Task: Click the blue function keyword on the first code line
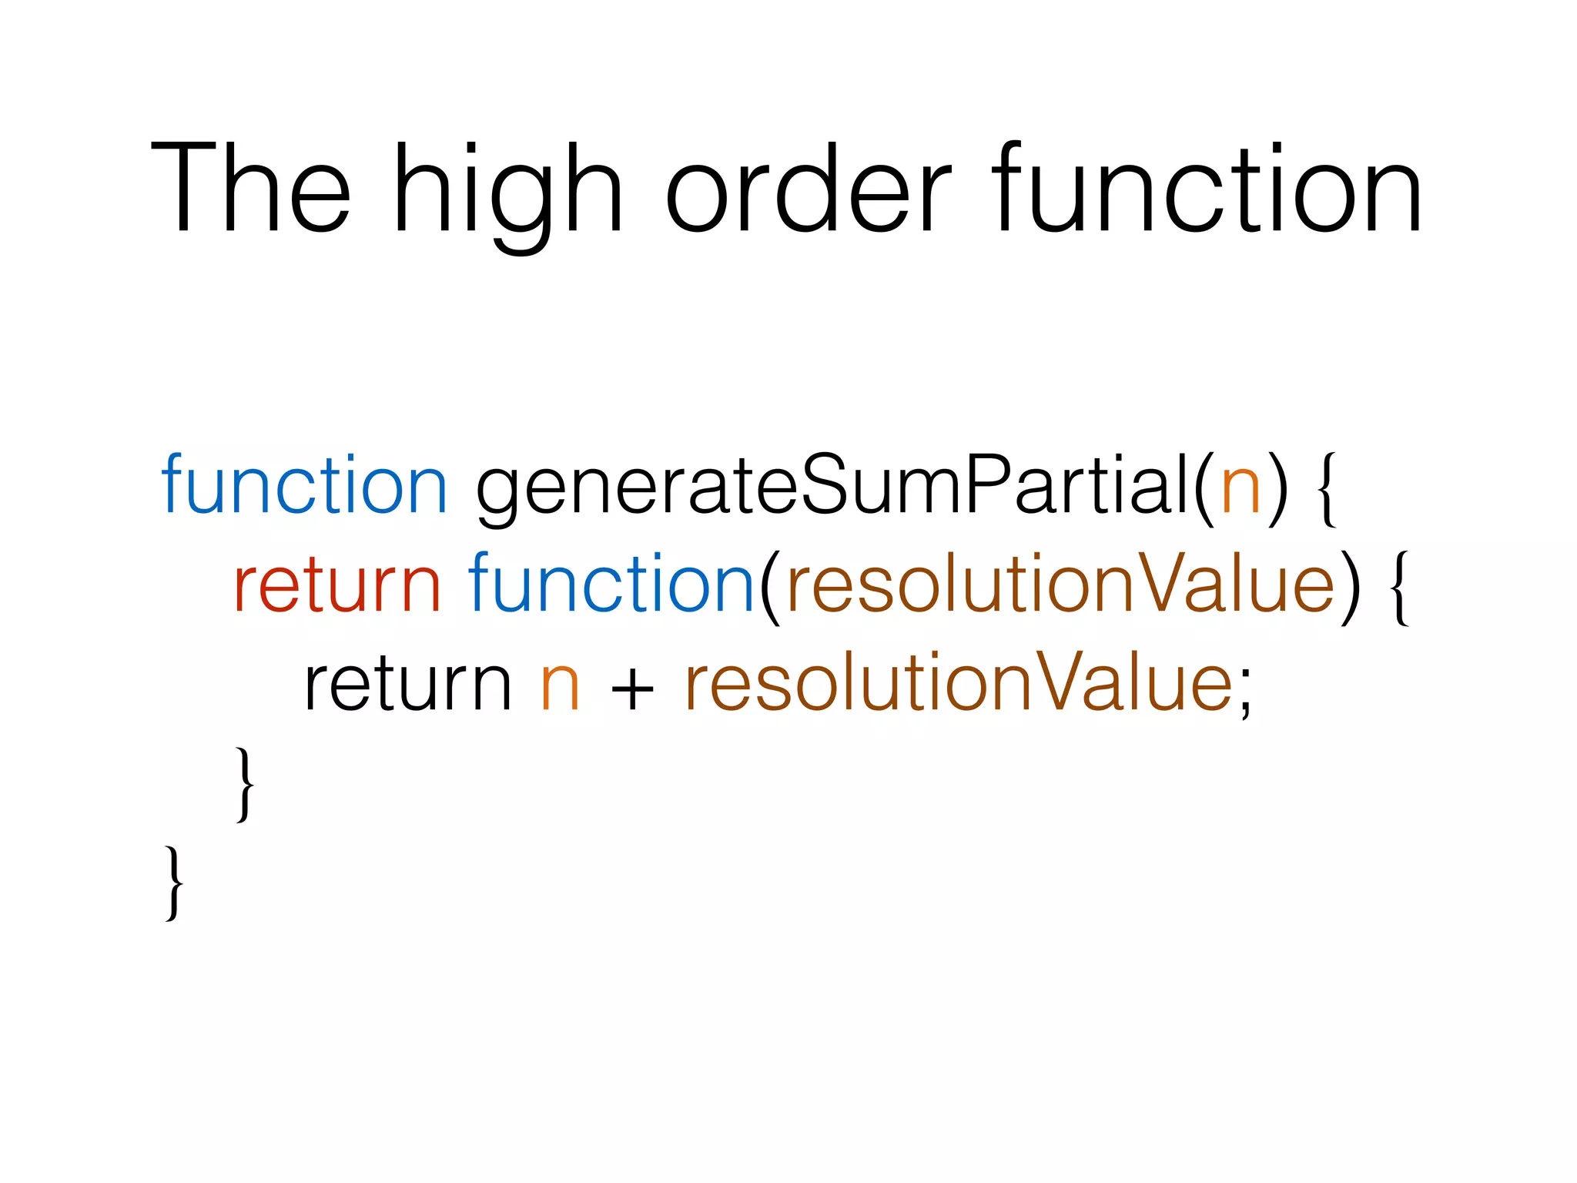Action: (x=304, y=485)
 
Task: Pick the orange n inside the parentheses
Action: (x=1240, y=488)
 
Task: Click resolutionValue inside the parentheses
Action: (x=1061, y=585)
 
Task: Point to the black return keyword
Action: (x=408, y=685)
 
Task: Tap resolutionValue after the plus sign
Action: (x=959, y=683)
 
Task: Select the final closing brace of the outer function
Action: (x=174, y=883)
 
